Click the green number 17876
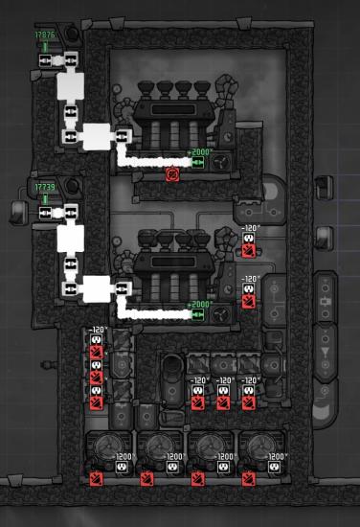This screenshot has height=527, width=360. click(x=44, y=35)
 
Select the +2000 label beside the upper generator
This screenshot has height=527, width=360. click(x=200, y=152)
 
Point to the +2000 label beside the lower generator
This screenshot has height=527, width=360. click(x=200, y=305)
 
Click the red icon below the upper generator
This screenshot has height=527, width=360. click(x=172, y=174)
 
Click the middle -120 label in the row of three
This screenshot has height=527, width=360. click(x=223, y=380)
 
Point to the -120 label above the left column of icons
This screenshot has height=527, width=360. click(x=97, y=331)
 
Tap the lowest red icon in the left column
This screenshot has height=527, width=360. click(x=96, y=402)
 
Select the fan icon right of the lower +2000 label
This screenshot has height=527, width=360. click(x=223, y=313)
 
